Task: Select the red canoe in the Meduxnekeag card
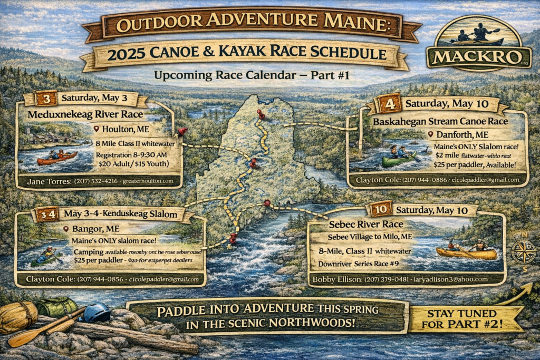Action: pyautogui.click(x=56, y=157)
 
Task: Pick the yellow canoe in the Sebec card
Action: pyautogui.click(x=466, y=253)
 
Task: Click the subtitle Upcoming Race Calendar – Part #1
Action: pyautogui.click(x=253, y=75)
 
